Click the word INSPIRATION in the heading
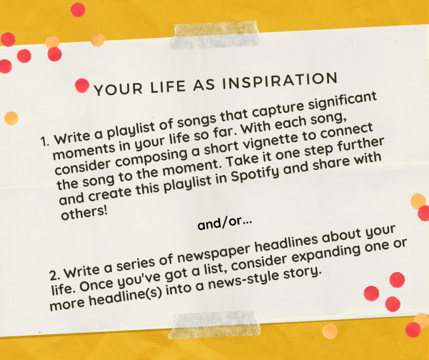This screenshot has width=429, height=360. (280, 80)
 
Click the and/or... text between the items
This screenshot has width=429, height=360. (225, 224)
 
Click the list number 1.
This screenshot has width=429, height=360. (45, 141)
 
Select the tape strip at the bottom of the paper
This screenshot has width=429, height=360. (214, 324)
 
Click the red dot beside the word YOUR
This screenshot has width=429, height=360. (82, 86)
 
